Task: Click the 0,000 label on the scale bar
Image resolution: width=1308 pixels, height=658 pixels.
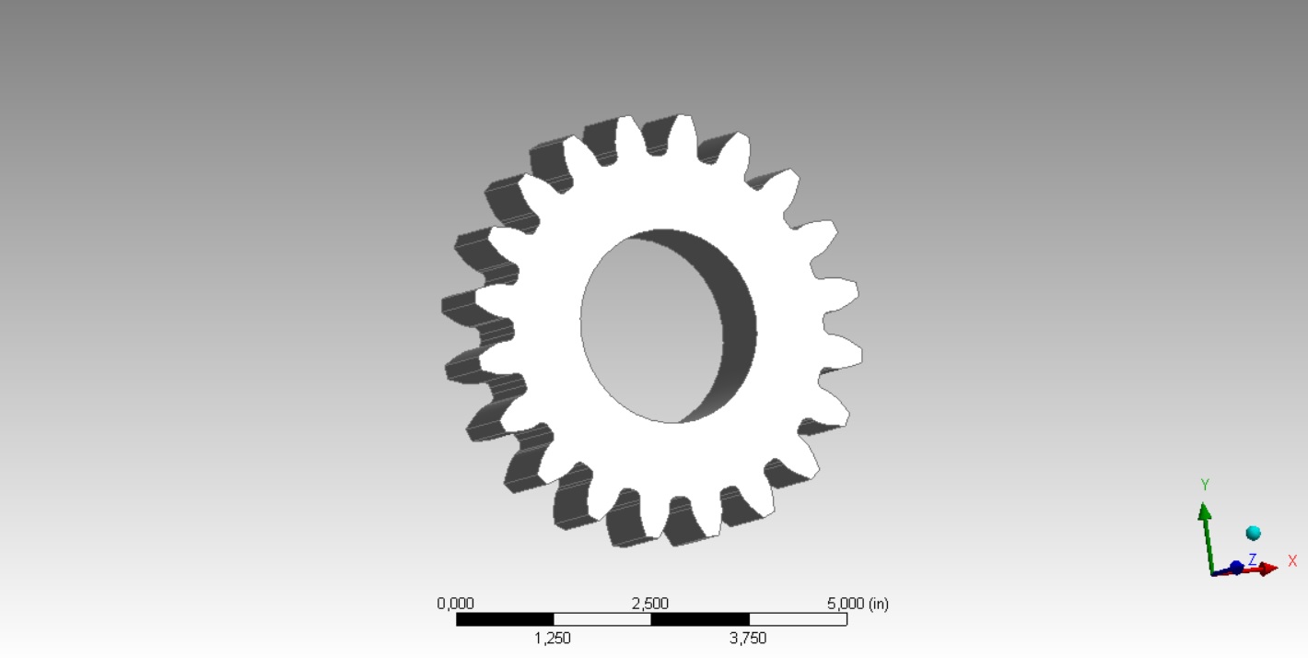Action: point(455,604)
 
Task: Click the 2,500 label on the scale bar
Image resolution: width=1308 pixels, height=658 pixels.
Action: point(650,604)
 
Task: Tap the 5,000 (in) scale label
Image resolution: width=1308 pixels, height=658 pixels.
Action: point(858,604)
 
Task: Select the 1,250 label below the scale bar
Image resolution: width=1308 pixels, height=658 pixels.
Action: point(553,638)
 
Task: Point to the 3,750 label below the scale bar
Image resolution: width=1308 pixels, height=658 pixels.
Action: point(748,638)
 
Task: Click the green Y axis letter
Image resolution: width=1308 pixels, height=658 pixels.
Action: point(1205,485)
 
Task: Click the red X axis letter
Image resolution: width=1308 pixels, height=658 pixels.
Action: point(1292,560)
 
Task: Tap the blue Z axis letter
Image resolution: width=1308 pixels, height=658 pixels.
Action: point(1252,559)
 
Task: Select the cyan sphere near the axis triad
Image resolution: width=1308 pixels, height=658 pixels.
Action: point(1253,533)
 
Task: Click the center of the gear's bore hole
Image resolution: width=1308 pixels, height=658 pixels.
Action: point(659,325)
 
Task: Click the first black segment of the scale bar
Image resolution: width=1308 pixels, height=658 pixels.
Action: point(505,619)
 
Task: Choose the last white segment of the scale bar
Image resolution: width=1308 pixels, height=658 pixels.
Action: point(798,619)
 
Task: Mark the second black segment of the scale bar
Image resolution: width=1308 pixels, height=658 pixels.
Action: point(700,619)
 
